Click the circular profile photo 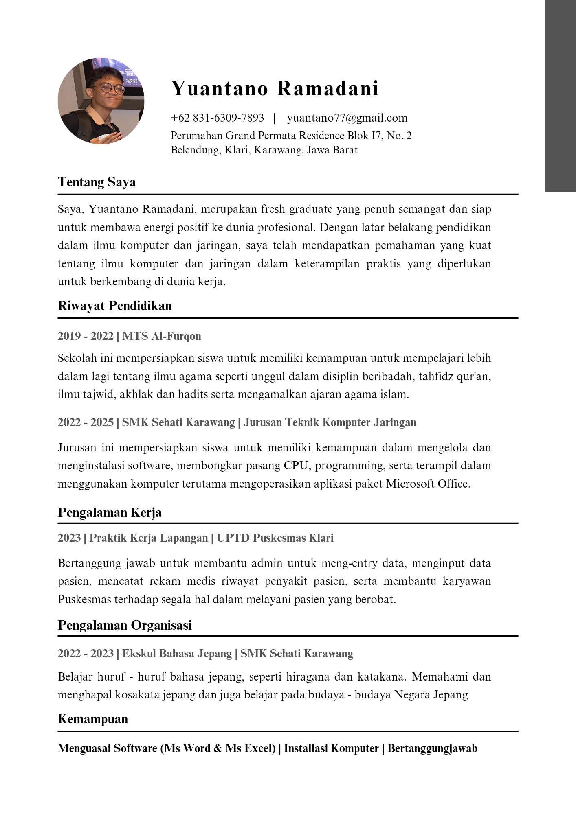click(x=101, y=101)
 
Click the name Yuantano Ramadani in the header click(x=275, y=88)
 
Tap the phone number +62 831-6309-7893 click(x=218, y=118)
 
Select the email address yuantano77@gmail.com click(x=347, y=118)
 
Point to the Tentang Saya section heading click(x=97, y=182)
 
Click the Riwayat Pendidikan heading click(x=115, y=306)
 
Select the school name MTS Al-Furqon click(x=162, y=336)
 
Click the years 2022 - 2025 click(x=86, y=422)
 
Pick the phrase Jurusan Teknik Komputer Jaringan click(x=330, y=422)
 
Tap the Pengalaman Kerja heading click(x=110, y=512)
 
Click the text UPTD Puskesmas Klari click(x=275, y=538)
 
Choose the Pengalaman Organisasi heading click(x=125, y=625)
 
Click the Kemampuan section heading click(x=93, y=719)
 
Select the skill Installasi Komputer click(x=331, y=748)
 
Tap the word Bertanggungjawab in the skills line click(x=432, y=748)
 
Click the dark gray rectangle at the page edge click(x=561, y=96)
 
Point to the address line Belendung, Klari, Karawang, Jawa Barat click(x=264, y=150)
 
